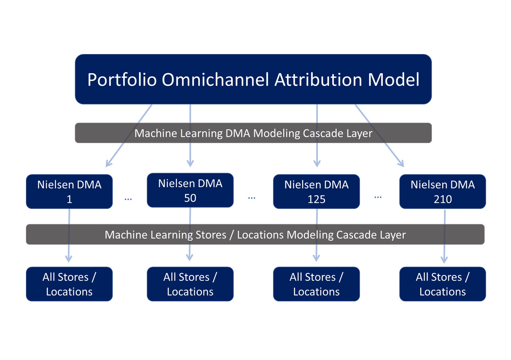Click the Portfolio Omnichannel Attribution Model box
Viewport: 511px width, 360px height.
[253, 79]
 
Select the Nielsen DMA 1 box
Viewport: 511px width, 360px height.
[69, 192]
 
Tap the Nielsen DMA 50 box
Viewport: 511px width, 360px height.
[190, 190]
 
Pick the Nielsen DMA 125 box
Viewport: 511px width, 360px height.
[316, 192]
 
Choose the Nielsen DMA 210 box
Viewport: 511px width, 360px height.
[442, 192]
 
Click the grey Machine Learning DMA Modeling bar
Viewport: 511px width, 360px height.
[253, 133]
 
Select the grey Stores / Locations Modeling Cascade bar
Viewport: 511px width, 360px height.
[255, 234]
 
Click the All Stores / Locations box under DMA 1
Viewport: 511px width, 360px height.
[69, 284]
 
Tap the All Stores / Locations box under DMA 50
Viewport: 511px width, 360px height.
[190, 284]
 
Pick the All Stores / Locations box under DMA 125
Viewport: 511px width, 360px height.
[316, 284]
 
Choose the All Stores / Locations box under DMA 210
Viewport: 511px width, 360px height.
[442, 284]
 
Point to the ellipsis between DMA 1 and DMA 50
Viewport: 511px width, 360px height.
[128, 200]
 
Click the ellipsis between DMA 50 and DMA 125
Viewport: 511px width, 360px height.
[252, 198]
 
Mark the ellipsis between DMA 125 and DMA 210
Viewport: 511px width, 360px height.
[378, 197]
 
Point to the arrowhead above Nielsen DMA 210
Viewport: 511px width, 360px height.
[402, 164]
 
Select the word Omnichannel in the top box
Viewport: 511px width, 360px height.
[215, 80]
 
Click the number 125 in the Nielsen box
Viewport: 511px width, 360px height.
[316, 199]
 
